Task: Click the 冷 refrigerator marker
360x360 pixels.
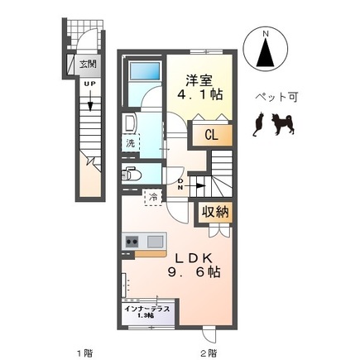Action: (x=153, y=198)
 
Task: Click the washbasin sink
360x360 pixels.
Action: (x=130, y=124)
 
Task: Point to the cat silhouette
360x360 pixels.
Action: (x=258, y=124)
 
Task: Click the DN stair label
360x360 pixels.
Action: (x=180, y=183)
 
